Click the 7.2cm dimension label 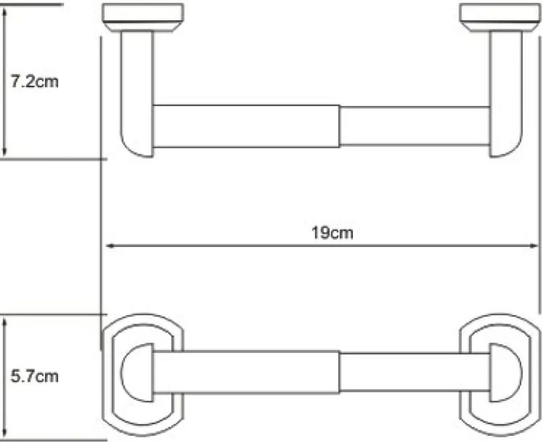(x=35, y=82)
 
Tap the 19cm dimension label (x=332, y=232)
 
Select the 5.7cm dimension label (x=35, y=376)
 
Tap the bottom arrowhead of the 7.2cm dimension (x=4, y=151)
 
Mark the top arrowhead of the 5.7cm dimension (x=4, y=324)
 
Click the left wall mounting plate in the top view (x=143, y=18)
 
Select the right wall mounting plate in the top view (x=500, y=18)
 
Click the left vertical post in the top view (x=137, y=94)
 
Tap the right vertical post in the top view (x=506, y=94)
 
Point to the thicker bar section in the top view (x=246, y=126)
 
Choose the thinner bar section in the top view (x=414, y=126)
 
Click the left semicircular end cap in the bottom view (x=138, y=372)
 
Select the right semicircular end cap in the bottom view (x=505, y=372)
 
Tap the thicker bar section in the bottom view (x=246, y=372)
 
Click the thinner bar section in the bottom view (x=414, y=372)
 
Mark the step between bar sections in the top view (x=340, y=126)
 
